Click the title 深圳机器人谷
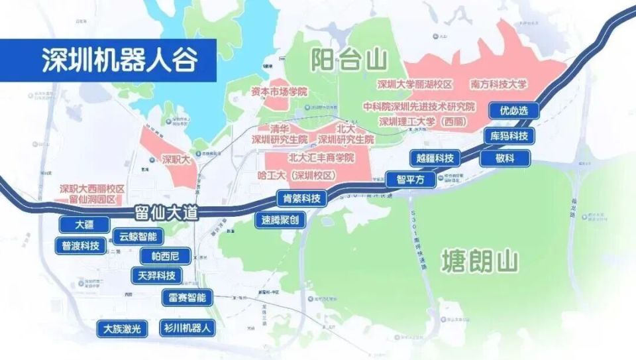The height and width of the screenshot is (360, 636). pos(119,60)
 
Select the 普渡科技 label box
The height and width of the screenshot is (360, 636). pos(79,245)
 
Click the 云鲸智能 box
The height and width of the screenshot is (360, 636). pos(138,236)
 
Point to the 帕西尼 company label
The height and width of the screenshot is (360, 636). pos(165,256)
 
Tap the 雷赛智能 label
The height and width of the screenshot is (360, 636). pos(184,298)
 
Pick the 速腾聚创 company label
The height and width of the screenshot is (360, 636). pos(280,220)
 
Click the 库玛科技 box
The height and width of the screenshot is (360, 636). pos(509,136)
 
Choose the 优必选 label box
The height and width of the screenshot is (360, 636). pos(513,111)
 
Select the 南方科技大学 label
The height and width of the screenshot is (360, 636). pos(499,84)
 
